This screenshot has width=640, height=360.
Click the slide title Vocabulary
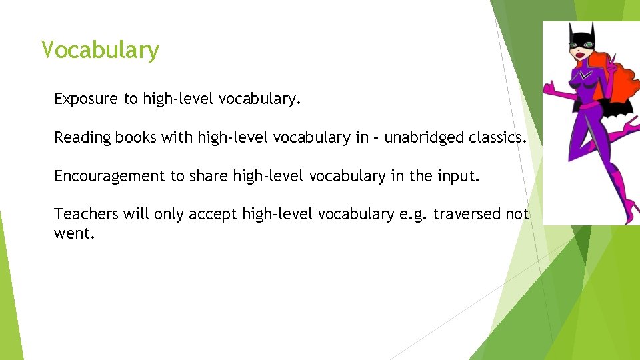coord(100,50)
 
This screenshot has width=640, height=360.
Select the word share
coord(208,176)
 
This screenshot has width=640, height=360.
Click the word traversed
coord(466,214)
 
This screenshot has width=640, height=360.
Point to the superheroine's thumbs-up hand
coord(551,89)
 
